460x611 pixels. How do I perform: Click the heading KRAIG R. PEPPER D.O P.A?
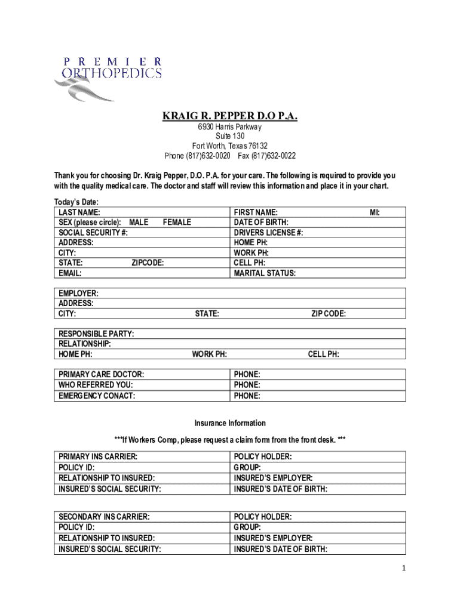click(x=230, y=115)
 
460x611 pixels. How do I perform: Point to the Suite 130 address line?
click(x=230, y=137)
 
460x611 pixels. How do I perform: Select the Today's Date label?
click(x=76, y=202)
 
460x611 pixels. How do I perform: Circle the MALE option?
click(x=139, y=223)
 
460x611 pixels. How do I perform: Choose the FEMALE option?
click(x=177, y=223)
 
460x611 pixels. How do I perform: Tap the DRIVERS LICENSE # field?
click(x=268, y=233)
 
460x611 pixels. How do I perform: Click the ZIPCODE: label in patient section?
click(x=148, y=263)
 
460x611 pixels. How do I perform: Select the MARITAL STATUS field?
click(x=265, y=273)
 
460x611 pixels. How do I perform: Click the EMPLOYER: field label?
click(x=78, y=293)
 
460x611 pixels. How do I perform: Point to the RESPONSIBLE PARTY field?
click(x=96, y=334)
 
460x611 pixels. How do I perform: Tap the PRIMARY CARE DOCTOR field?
click(x=101, y=375)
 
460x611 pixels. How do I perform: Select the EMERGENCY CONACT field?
click(x=96, y=396)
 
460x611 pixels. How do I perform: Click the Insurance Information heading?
click(x=230, y=423)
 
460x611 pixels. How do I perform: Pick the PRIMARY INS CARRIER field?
click(x=97, y=456)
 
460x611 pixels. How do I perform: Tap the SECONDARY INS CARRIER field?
click(x=103, y=517)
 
